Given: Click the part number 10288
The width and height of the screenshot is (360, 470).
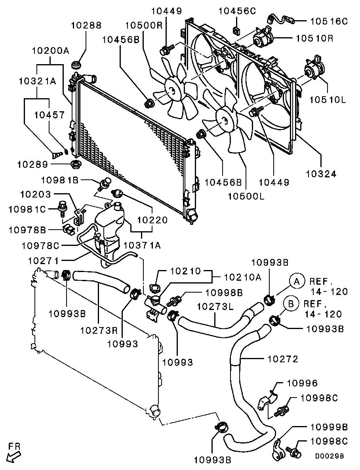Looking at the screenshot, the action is [86, 25].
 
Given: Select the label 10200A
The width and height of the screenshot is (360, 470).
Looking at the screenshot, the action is [51, 50].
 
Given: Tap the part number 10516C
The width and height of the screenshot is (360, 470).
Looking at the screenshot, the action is [329, 21].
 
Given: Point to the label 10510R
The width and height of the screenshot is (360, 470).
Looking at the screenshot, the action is [314, 38].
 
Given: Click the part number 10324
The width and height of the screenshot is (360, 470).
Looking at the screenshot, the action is [321, 173].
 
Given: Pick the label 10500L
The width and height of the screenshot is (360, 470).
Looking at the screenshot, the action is [246, 196].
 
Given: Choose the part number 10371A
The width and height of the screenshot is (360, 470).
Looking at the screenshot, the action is [142, 245].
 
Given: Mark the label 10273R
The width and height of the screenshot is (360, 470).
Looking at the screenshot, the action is [99, 330].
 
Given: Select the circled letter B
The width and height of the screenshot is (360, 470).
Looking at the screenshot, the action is [291, 304].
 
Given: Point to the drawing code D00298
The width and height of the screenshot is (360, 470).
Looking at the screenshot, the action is [330, 456].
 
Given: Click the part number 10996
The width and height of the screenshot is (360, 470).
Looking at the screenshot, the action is [302, 383].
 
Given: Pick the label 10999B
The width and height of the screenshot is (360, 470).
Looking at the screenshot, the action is [329, 426].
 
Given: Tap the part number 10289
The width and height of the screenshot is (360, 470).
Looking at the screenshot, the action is [32, 164].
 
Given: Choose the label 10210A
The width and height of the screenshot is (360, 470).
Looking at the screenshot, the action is [243, 277].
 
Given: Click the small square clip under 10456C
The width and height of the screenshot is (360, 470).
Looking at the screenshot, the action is [236, 30].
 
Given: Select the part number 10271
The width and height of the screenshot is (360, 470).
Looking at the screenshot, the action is [44, 261].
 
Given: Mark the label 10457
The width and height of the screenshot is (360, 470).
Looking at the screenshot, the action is [49, 115].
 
